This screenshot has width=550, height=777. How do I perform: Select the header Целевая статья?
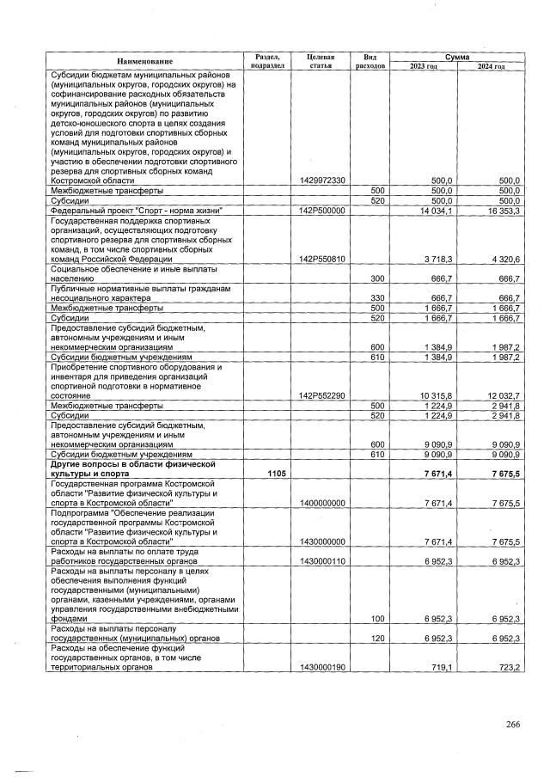tap(320, 61)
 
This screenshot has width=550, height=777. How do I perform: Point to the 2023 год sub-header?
tap(425, 66)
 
